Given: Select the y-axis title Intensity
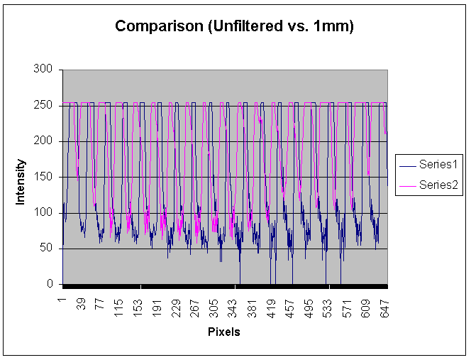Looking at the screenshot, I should coord(21,181).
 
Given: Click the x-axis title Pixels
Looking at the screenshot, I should coord(224,332).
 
